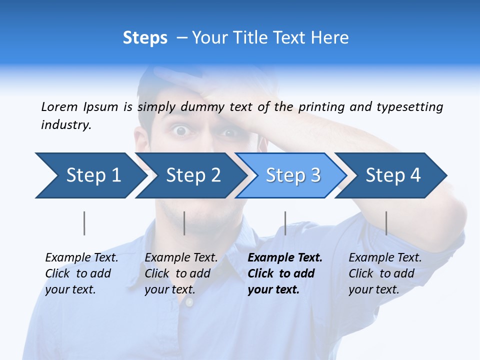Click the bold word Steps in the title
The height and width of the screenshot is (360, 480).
point(145,38)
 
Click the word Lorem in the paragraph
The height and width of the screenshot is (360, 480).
point(59,106)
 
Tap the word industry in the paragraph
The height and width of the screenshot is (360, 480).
point(66,125)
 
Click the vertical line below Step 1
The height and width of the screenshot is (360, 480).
point(84,223)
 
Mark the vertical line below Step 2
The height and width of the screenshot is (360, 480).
point(184,223)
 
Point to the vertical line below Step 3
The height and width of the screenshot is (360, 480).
point(285,223)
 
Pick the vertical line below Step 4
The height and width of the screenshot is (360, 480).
point(386,223)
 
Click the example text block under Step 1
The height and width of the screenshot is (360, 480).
point(81,273)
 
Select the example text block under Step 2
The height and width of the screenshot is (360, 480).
point(181,273)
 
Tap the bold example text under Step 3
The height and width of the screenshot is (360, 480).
point(285,273)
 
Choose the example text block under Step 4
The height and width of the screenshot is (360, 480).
point(385,273)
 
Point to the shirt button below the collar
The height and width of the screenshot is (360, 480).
point(189,302)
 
